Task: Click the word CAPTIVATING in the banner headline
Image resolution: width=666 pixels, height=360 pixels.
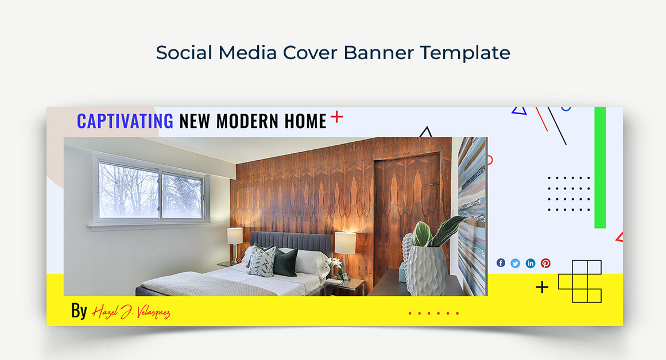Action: click(x=125, y=121)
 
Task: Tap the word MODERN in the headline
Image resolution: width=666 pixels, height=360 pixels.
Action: click(x=247, y=121)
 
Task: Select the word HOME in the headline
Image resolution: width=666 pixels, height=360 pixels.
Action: click(x=305, y=121)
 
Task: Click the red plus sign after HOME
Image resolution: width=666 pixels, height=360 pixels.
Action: click(x=337, y=117)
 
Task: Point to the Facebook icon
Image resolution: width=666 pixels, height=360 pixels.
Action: click(x=501, y=263)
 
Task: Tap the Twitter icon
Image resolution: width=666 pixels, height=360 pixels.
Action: click(x=515, y=264)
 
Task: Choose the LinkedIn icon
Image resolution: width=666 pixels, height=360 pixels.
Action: click(x=531, y=264)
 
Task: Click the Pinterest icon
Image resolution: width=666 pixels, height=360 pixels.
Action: click(x=546, y=264)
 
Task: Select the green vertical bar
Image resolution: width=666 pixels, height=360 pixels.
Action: click(x=600, y=167)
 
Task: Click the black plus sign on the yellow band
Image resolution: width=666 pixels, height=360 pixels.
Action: click(x=542, y=288)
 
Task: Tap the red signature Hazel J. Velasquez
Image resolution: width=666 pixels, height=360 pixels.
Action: click(x=131, y=312)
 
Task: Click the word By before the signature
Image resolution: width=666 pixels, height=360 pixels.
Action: click(x=79, y=311)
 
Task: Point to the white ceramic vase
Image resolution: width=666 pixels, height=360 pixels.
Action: click(x=426, y=269)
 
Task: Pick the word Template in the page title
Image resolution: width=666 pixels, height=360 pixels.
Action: click(x=465, y=53)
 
